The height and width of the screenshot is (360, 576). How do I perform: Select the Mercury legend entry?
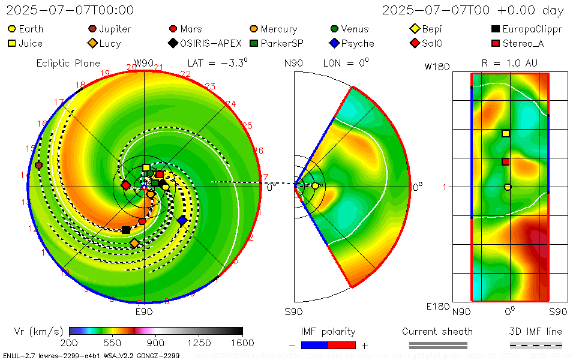273,29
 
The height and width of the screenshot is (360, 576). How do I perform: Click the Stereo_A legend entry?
520,43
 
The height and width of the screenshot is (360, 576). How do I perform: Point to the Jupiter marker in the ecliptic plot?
39,165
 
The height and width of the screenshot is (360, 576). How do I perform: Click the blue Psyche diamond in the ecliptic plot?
182,220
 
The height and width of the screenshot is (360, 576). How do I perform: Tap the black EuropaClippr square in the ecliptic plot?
125,230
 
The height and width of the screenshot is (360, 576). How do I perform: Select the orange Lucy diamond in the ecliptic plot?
134,242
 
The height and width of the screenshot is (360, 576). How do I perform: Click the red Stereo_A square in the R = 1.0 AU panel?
506,161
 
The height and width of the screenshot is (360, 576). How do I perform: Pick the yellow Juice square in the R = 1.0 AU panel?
506,133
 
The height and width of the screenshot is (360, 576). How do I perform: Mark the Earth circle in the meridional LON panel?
315,186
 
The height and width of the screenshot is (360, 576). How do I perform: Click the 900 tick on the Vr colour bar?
156,343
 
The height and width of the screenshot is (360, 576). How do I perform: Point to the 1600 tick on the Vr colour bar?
242,343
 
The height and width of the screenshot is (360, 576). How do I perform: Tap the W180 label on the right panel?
437,67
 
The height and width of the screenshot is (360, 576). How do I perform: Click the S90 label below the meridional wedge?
293,312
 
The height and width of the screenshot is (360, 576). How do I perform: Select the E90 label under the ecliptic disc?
144,312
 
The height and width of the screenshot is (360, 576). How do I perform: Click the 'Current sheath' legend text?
437,331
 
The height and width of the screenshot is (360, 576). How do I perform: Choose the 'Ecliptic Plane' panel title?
68,63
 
